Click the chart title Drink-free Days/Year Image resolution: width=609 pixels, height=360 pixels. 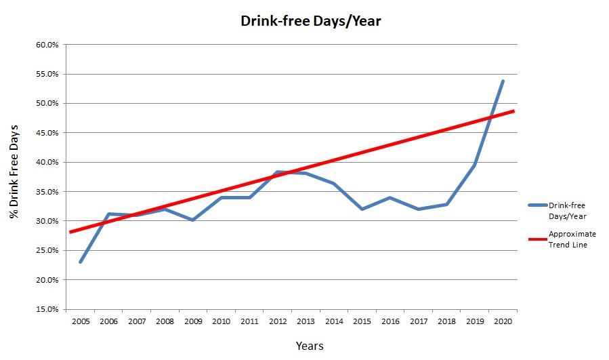pos(311,21)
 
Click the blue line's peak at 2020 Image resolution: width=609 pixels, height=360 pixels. pos(503,81)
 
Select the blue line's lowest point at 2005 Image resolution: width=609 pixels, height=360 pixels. pos(81,262)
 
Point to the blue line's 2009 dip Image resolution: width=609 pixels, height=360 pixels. pos(193,220)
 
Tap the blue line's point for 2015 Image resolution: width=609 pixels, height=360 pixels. pos(362,209)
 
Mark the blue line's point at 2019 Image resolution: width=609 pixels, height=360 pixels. pos(475,165)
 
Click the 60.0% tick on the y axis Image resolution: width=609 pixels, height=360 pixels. pos(47,45)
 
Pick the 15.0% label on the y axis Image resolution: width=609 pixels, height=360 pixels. pos(47,309)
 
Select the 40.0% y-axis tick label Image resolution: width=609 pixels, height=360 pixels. pos(47,162)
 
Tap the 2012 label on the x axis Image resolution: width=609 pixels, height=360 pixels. pos(277,320)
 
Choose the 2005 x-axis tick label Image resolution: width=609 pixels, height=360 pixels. pos(81,320)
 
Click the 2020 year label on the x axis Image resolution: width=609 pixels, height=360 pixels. pos(503,320)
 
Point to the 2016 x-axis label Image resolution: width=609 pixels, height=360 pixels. pos(390,320)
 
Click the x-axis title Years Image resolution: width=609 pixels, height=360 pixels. pos(310,346)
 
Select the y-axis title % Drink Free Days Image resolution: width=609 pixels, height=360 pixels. pos(14,172)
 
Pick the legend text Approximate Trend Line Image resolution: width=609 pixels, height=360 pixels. pos(572,239)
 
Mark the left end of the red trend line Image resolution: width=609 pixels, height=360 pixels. pos(70,232)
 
